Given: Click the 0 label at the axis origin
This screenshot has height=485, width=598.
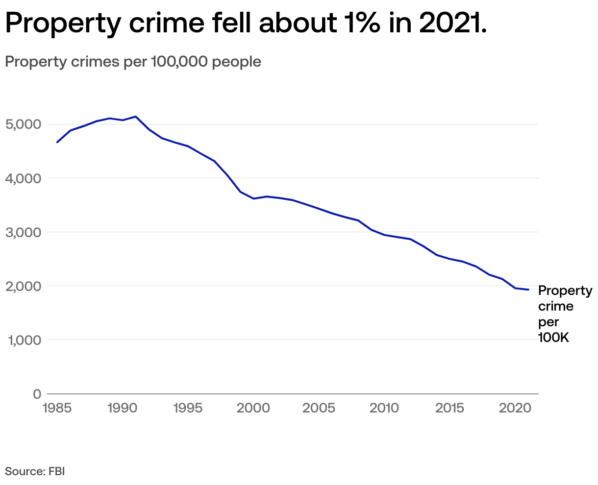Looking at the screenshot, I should (x=37, y=394).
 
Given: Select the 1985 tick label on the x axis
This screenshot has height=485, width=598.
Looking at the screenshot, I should (x=57, y=408).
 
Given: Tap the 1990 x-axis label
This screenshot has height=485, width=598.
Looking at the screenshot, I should (x=122, y=408).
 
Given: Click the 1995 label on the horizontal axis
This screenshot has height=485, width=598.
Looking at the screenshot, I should (x=188, y=408).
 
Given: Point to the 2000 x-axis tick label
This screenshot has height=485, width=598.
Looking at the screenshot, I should (x=253, y=408).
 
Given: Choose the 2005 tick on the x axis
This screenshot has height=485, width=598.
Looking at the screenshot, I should (x=319, y=408).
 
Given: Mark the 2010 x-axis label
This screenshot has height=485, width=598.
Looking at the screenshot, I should (x=384, y=408).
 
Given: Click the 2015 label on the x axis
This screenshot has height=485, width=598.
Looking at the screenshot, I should (x=449, y=408).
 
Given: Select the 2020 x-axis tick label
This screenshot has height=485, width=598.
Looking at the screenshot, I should (x=515, y=408).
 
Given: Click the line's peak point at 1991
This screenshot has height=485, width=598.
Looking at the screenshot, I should (x=136, y=117).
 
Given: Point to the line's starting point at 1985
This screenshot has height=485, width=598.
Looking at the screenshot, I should (x=57, y=142).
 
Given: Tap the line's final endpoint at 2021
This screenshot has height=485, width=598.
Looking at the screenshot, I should (x=528, y=290).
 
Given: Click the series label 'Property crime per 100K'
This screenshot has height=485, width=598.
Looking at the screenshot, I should (x=565, y=314).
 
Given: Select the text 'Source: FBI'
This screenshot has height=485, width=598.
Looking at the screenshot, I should (x=35, y=472).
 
